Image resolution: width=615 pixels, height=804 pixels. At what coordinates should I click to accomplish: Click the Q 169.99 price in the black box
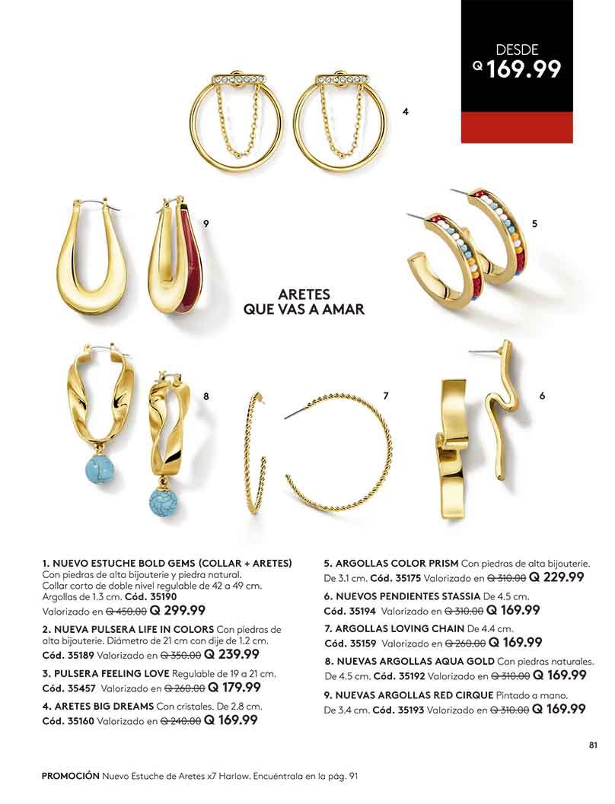(x=518, y=70)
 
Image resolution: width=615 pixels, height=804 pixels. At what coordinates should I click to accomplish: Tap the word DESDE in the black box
(x=517, y=49)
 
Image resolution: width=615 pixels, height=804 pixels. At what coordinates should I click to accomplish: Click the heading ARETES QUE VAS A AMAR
(x=304, y=301)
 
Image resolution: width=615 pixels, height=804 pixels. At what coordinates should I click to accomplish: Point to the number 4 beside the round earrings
(x=406, y=112)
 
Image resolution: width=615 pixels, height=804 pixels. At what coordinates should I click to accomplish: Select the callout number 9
(x=206, y=223)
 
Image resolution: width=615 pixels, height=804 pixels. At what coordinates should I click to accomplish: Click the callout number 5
(x=534, y=224)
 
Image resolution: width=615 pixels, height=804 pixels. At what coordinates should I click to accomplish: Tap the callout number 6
(x=542, y=396)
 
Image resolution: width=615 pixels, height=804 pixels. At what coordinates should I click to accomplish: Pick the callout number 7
(x=386, y=396)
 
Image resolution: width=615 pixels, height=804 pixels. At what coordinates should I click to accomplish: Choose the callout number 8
(x=206, y=396)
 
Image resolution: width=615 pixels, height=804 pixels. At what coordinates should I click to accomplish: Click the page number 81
(x=594, y=745)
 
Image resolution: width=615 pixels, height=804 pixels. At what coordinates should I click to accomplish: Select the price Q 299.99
(x=177, y=609)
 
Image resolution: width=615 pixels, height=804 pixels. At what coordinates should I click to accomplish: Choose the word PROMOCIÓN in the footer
(x=71, y=776)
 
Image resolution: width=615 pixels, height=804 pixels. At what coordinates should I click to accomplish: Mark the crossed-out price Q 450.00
(x=126, y=610)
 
